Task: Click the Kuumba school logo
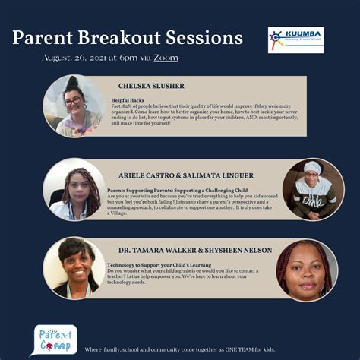(295, 39)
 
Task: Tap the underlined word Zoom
(166, 58)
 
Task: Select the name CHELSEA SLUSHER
(150, 87)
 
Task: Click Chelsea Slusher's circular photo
(74, 106)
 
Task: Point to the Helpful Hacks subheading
(127, 99)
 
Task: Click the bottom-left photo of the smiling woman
(74, 268)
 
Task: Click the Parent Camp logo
(55, 339)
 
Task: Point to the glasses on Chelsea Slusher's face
(74, 101)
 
